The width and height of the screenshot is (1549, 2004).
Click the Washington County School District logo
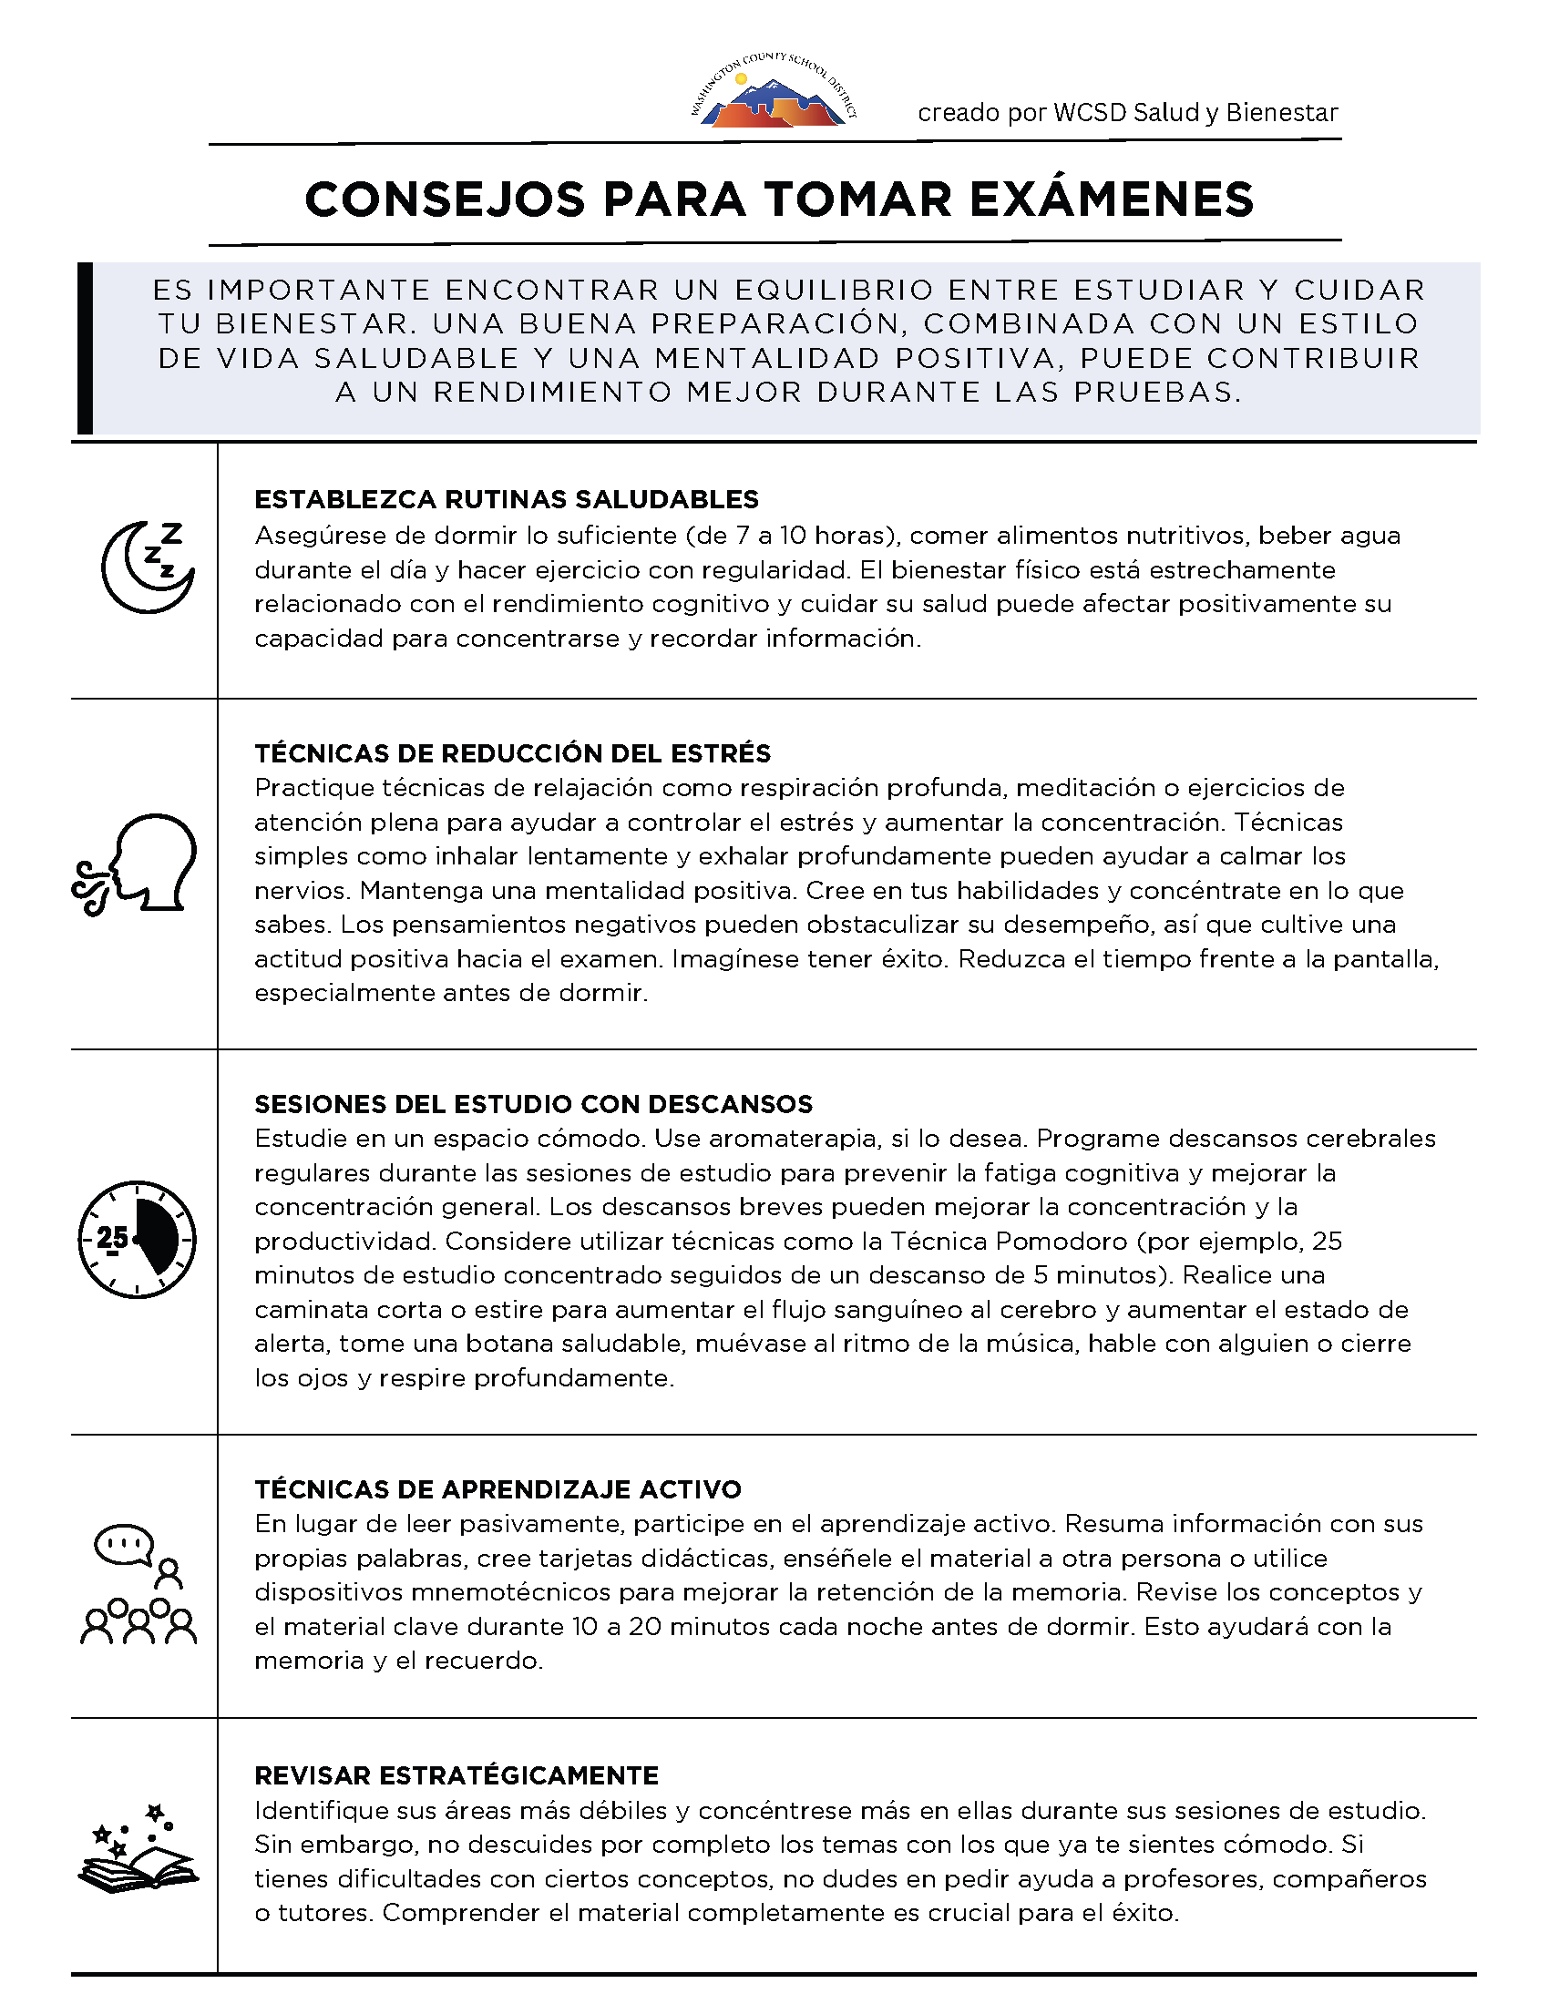click(x=774, y=93)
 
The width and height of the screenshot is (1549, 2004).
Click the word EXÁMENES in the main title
click(x=1112, y=199)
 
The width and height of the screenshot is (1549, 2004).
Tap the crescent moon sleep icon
click(x=147, y=567)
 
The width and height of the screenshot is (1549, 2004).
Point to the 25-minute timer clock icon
click(x=137, y=1240)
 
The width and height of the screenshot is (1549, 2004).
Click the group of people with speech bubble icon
click(x=138, y=1585)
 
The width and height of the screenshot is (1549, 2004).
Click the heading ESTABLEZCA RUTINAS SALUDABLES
click(x=507, y=499)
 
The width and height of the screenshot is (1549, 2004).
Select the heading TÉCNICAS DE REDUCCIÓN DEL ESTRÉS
click(x=512, y=753)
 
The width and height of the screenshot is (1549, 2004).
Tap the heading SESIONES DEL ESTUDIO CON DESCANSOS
click(x=534, y=1104)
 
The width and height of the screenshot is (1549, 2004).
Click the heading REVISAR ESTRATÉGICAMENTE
click(x=456, y=1775)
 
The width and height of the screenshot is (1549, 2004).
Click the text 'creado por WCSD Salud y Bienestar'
click(x=1128, y=113)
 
